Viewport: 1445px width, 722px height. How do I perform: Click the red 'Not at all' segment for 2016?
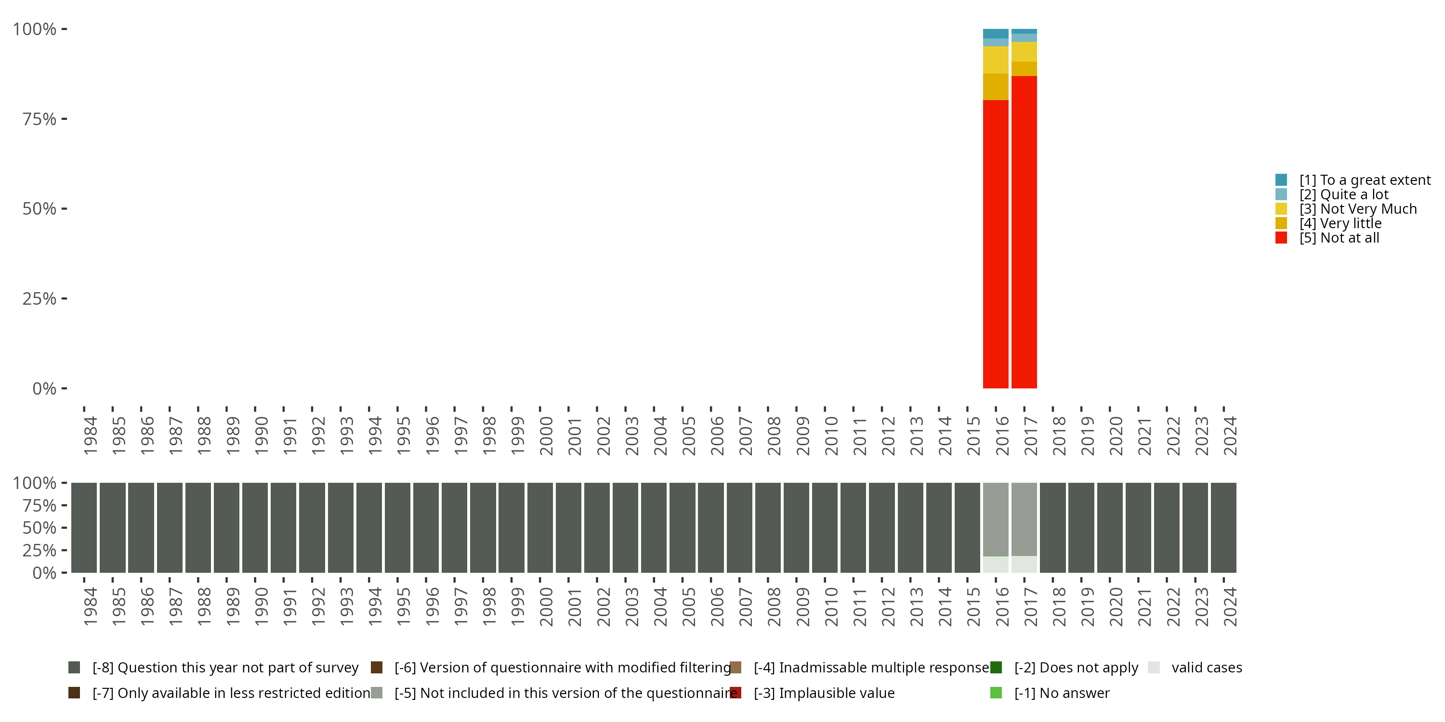[995, 244]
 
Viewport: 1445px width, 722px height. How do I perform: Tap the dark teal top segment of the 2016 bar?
[995, 34]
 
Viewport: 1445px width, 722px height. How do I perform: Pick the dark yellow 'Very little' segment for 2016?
[995, 87]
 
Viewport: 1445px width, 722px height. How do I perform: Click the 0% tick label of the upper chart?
[44, 388]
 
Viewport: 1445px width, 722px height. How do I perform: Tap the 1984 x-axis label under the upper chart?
[90, 436]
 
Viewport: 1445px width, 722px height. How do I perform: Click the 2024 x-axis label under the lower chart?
[1230, 606]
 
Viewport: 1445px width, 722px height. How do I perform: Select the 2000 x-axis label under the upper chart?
[546, 436]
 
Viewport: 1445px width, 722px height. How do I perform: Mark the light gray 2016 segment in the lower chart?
[995, 519]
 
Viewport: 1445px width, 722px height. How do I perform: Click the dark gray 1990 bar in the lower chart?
[255, 528]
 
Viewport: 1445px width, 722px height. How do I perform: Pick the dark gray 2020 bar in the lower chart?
[1110, 528]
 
